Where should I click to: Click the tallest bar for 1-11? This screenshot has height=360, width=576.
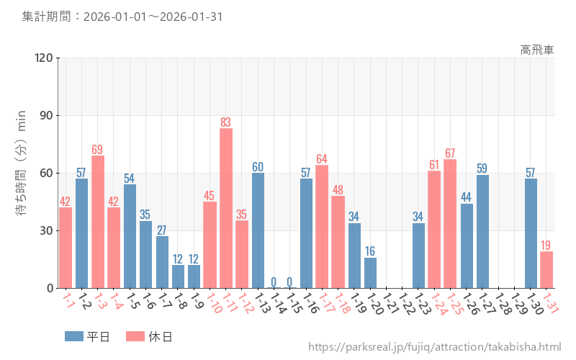226,209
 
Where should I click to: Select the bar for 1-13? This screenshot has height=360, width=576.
258,230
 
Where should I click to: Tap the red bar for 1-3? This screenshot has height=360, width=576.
98,222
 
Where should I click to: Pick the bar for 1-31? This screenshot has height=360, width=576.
546,270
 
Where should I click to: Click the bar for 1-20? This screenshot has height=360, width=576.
370,273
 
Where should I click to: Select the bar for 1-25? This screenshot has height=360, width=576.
450,224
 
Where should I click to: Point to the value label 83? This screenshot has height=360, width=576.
226,122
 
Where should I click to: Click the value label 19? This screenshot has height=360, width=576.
546,245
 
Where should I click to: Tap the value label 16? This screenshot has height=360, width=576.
370,251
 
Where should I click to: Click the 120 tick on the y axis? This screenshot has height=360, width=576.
44,58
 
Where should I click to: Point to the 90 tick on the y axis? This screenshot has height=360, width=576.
47,116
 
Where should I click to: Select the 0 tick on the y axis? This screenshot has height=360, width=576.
50,288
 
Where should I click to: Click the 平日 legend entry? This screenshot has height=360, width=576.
87,336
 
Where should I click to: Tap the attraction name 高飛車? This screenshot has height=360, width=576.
537,50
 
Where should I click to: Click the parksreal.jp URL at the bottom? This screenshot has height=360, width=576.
434,347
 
